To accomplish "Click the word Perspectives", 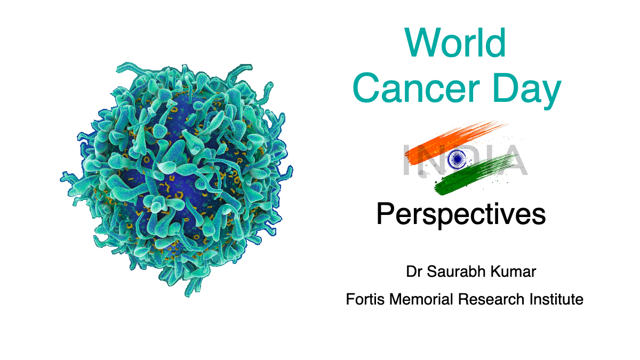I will point(461,214).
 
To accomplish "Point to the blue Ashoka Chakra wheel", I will point(457,158).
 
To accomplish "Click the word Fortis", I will point(365,300).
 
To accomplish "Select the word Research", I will point(491,300).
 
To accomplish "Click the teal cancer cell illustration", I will point(177,179).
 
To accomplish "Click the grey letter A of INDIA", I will point(513,160).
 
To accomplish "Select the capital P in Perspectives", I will point(386,214).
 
